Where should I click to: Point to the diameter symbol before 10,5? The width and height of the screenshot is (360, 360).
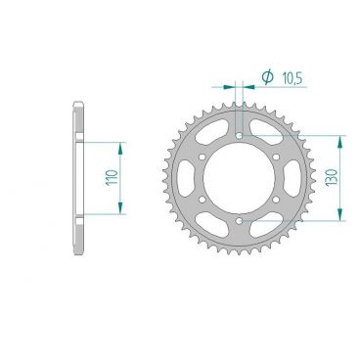pos(265,75)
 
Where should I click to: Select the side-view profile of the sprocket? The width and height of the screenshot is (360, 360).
pos(78,177)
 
